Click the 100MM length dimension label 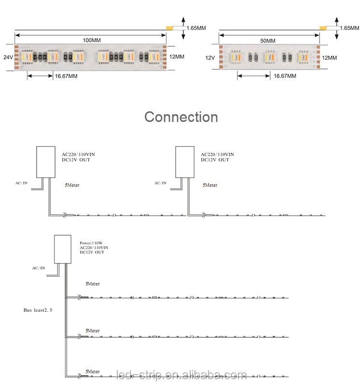click(92, 40)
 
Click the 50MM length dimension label click(267, 40)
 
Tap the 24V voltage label click(8, 57)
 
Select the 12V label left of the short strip click(210, 58)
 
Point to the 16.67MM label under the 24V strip click(66, 76)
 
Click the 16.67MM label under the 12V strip click(285, 76)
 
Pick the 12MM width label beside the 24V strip click(177, 56)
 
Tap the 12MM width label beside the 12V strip click(329, 58)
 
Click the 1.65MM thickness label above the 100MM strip click(196, 28)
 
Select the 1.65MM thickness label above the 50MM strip click(349, 28)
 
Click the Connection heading click(181, 117)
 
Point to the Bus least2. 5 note click(38, 310)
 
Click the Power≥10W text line click(91, 243)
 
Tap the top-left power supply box click(46, 162)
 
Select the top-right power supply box click(185, 162)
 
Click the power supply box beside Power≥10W click(63, 249)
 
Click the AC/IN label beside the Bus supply click(39, 268)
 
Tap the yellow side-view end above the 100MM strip click(169, 28)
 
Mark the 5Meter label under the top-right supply click(210, 185)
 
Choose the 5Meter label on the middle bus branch click(93, 331)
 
